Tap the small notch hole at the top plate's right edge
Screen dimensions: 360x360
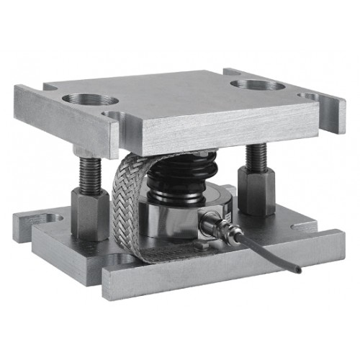coord(309,96)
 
